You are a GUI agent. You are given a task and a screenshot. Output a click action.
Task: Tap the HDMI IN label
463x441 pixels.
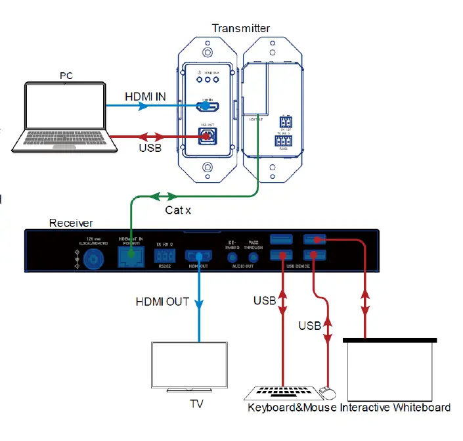(x=145, y=97)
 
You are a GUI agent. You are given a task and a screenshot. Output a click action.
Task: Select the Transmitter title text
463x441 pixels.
(x=240, y=28)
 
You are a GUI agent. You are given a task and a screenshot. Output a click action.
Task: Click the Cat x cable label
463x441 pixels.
(x=178, y=210)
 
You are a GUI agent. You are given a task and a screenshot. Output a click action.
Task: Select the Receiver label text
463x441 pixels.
(x=71, y=223)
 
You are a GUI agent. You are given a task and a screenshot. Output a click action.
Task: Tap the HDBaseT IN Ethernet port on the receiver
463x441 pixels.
(x=131, y=259)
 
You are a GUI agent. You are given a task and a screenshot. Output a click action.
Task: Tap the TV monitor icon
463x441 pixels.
(x=188, y=365)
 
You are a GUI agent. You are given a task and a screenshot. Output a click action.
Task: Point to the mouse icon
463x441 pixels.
(x=326, y=393)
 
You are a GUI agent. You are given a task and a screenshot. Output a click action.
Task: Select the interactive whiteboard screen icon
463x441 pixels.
(x=389, y=369)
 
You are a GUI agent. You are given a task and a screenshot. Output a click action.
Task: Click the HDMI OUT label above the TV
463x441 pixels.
(x=162, y=302)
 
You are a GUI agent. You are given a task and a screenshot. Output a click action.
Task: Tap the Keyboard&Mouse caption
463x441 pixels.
(x=292, y=407)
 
